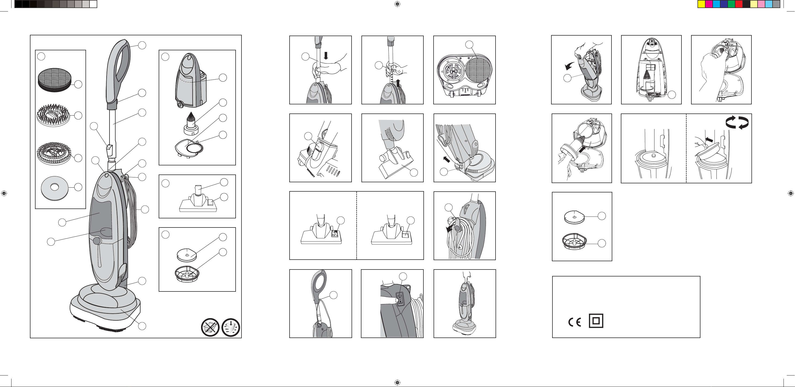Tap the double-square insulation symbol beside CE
click(596, 321)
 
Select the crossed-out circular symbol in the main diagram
click(210, 327)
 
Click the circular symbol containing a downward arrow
click(231, 327)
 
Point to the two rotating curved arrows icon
click(737, 122)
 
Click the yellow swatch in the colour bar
click(702, 4)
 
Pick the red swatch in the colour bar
click(739, 4)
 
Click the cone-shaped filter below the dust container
click(191, 123)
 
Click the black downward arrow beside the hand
click(326, 56)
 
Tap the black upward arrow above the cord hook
click(398, 83)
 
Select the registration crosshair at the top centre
click(397, 4)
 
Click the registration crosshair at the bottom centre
click(397, 383)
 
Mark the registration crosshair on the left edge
click(4, 193)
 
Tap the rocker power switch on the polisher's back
click(400, 299)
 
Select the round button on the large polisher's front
click(97, 241)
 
